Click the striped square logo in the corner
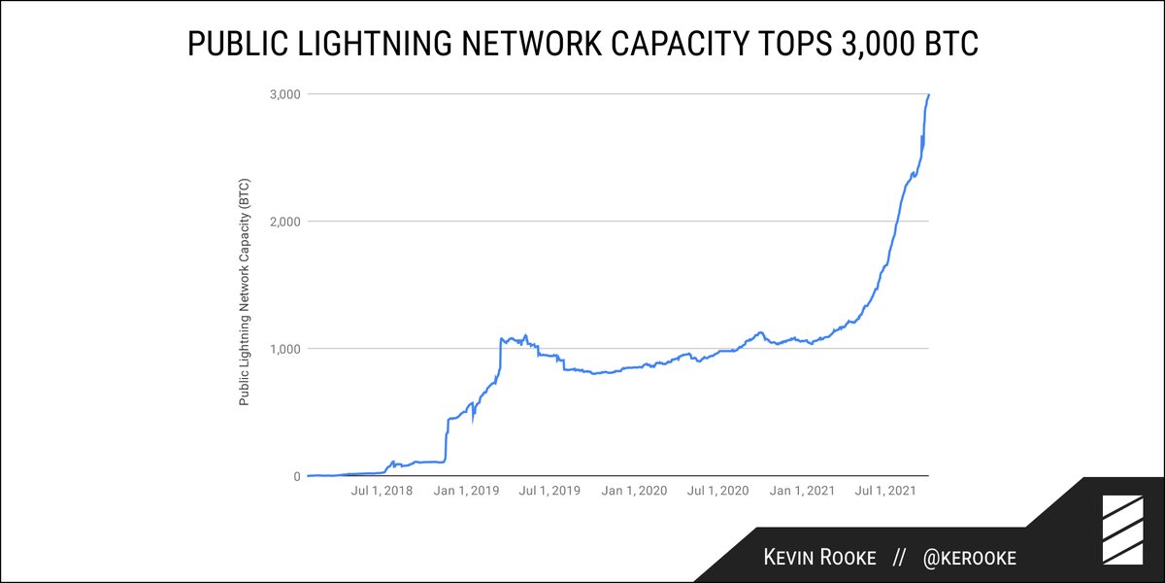(x=1120, y=530)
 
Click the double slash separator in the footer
(x=900, y=558)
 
